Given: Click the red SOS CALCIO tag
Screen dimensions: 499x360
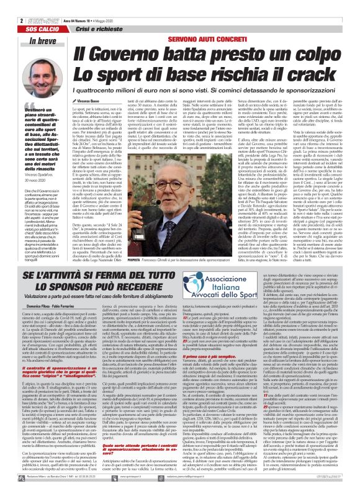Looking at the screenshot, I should pyautogui.click(x=22, y=12).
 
